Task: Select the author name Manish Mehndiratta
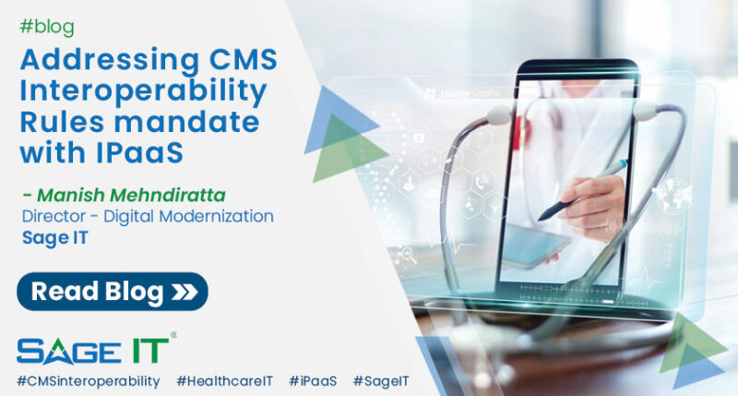tap(141, 195)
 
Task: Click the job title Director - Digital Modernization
tap(148, 217)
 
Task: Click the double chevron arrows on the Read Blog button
tap(183, 293)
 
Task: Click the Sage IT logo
tap(92, 350)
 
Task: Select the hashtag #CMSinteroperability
tap(88, 380)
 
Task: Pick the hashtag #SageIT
tap(380, 380)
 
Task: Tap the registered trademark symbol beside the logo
tap(173, 336)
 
